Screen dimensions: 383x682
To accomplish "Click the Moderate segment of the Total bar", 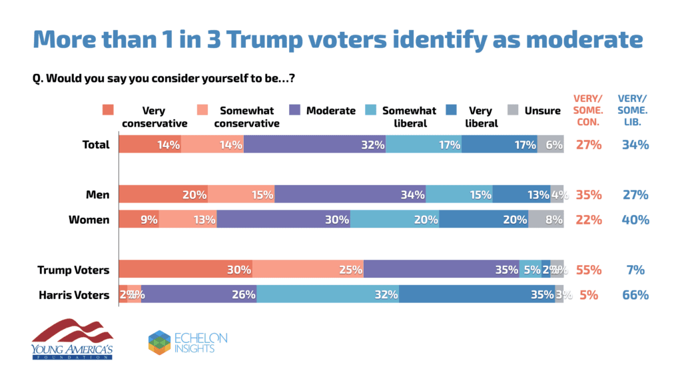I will coord(314,145).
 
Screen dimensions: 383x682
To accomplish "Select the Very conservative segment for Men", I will coord(163,194).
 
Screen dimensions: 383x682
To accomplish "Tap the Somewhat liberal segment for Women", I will coord(394,220).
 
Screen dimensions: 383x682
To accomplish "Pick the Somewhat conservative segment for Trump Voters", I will coord(308,270).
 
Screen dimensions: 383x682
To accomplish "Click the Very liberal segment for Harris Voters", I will coord(477,294).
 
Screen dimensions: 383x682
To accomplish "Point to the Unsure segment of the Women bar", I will coord(546,220).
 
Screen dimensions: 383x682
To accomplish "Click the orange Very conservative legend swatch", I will coord(109,111).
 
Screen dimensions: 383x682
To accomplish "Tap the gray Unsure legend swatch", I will coord(513,111).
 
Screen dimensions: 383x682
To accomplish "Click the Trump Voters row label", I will coord(74,270).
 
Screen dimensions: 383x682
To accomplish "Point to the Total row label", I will coord(95,145).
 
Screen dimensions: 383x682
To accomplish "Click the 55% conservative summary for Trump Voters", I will coord(588,270).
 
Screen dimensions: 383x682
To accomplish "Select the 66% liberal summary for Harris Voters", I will coord(635,294).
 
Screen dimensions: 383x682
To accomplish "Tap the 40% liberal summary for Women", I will coord(635,220).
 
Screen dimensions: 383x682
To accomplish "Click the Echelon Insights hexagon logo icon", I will coord(159,342).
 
